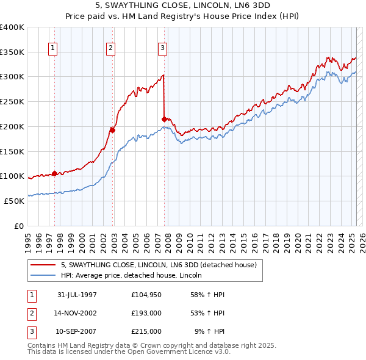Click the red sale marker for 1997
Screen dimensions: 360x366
pyautogui.click(x=55, y=173)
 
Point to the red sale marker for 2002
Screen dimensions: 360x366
pyautogui.click(x=113, y=129)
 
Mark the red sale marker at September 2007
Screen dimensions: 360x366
pyautogui.click(x=165, y=119)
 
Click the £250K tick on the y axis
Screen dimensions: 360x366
pyautogui.click(x=12, y=101)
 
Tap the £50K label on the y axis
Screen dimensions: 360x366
pyautogui.click(x=15, y=201)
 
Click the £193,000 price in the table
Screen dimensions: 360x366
pyautogui.click(x=146, y=314)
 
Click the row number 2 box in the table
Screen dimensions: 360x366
pyautogui.click(x=31, y=314)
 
